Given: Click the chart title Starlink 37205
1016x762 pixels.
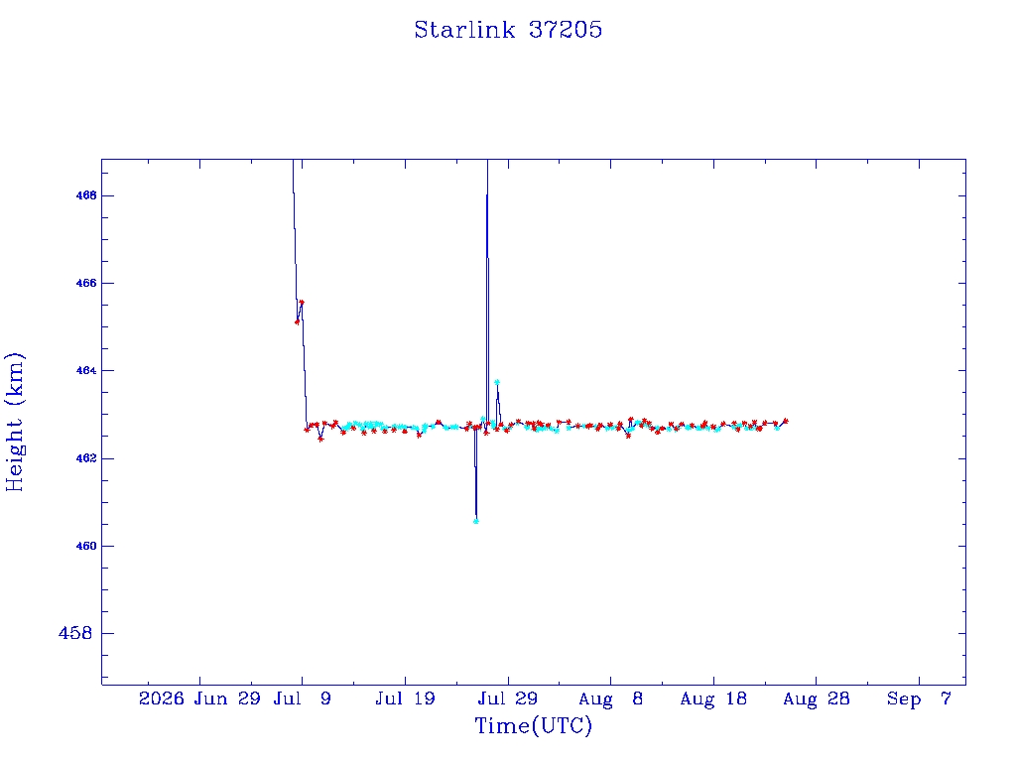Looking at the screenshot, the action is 508,30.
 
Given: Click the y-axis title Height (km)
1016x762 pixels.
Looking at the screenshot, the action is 14,422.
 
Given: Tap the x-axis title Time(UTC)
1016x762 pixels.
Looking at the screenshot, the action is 533,725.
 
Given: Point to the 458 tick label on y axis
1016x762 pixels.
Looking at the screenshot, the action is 75,633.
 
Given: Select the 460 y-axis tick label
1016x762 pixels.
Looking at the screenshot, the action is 86,547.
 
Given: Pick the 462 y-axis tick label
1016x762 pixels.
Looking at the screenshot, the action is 86,458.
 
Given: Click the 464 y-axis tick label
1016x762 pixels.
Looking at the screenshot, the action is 86,371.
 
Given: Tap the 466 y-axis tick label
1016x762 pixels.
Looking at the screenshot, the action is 86,283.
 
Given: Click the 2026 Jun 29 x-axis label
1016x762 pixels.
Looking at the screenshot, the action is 199,698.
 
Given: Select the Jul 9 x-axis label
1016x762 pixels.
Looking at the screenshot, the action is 302,698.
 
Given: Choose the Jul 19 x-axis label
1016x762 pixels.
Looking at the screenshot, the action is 405,698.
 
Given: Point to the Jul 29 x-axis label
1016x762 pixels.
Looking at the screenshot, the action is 508,698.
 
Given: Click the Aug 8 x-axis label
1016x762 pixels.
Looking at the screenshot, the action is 611,698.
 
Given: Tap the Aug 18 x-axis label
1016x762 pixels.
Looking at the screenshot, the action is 713,698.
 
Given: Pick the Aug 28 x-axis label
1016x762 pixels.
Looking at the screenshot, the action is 817,698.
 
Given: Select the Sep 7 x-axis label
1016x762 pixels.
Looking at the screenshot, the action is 919,698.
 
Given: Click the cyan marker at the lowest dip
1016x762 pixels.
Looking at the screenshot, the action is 476,521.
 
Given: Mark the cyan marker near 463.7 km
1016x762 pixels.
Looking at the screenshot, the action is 497,382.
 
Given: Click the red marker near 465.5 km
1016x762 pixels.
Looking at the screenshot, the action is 302,303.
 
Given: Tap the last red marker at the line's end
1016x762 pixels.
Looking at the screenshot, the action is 786,421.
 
